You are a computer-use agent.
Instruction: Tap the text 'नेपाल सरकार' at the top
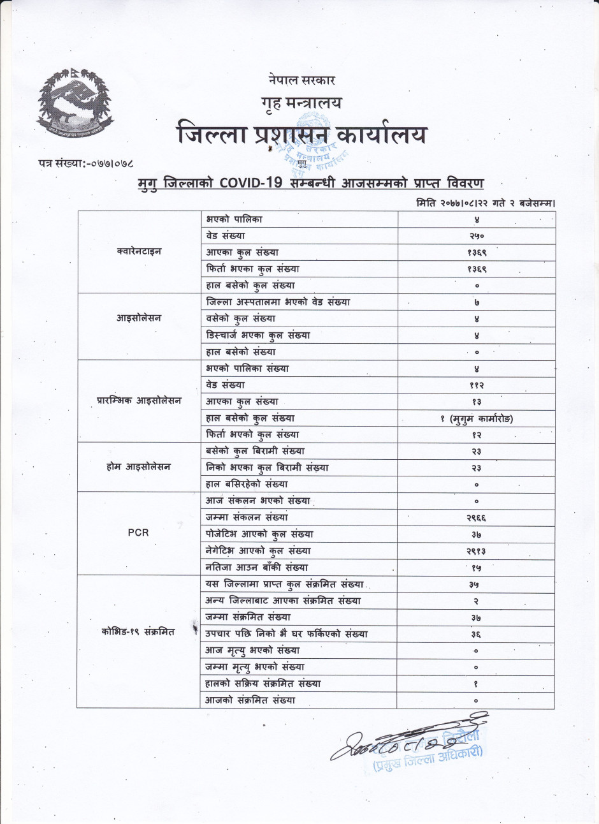[302, 80]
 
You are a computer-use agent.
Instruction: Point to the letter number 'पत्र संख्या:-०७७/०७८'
[86, 165]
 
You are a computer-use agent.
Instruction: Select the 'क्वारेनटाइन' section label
[139, 252]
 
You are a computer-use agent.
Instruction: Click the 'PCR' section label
[138, 533]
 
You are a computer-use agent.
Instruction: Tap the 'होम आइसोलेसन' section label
[138, 467]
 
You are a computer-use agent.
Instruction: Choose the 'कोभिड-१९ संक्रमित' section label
[138, 632]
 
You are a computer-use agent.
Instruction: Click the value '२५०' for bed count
[476, 236]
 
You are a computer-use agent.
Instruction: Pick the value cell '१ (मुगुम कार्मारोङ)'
[476, 418]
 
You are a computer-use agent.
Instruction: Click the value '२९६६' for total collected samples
[476, 518]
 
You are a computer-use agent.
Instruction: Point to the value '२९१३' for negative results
[476, 551]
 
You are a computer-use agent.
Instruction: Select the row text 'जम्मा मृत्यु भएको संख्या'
[255, 667]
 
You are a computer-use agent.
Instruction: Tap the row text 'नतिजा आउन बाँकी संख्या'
[257, 568]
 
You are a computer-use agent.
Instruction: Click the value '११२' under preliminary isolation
[476, 385]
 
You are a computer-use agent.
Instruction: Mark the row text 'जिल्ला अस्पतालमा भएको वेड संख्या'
[278, 302]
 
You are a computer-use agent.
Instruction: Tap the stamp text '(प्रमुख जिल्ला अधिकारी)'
[428, 759]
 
